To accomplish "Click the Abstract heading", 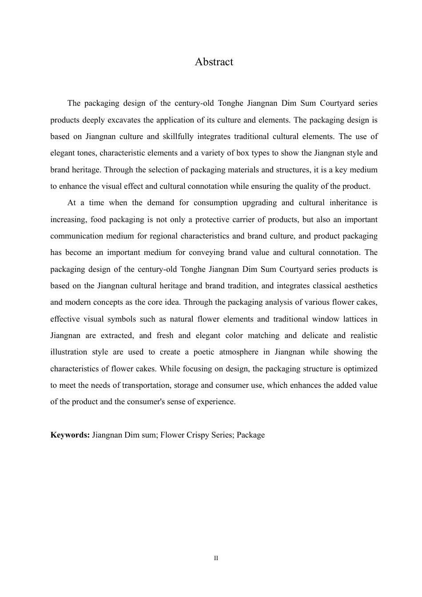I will [x=214, y=62].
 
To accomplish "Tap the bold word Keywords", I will [x=70, y=435].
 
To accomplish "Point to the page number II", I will [x=216, y=558].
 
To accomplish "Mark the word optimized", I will [x=359, y=369].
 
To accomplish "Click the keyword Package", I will [x=251, y=435].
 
